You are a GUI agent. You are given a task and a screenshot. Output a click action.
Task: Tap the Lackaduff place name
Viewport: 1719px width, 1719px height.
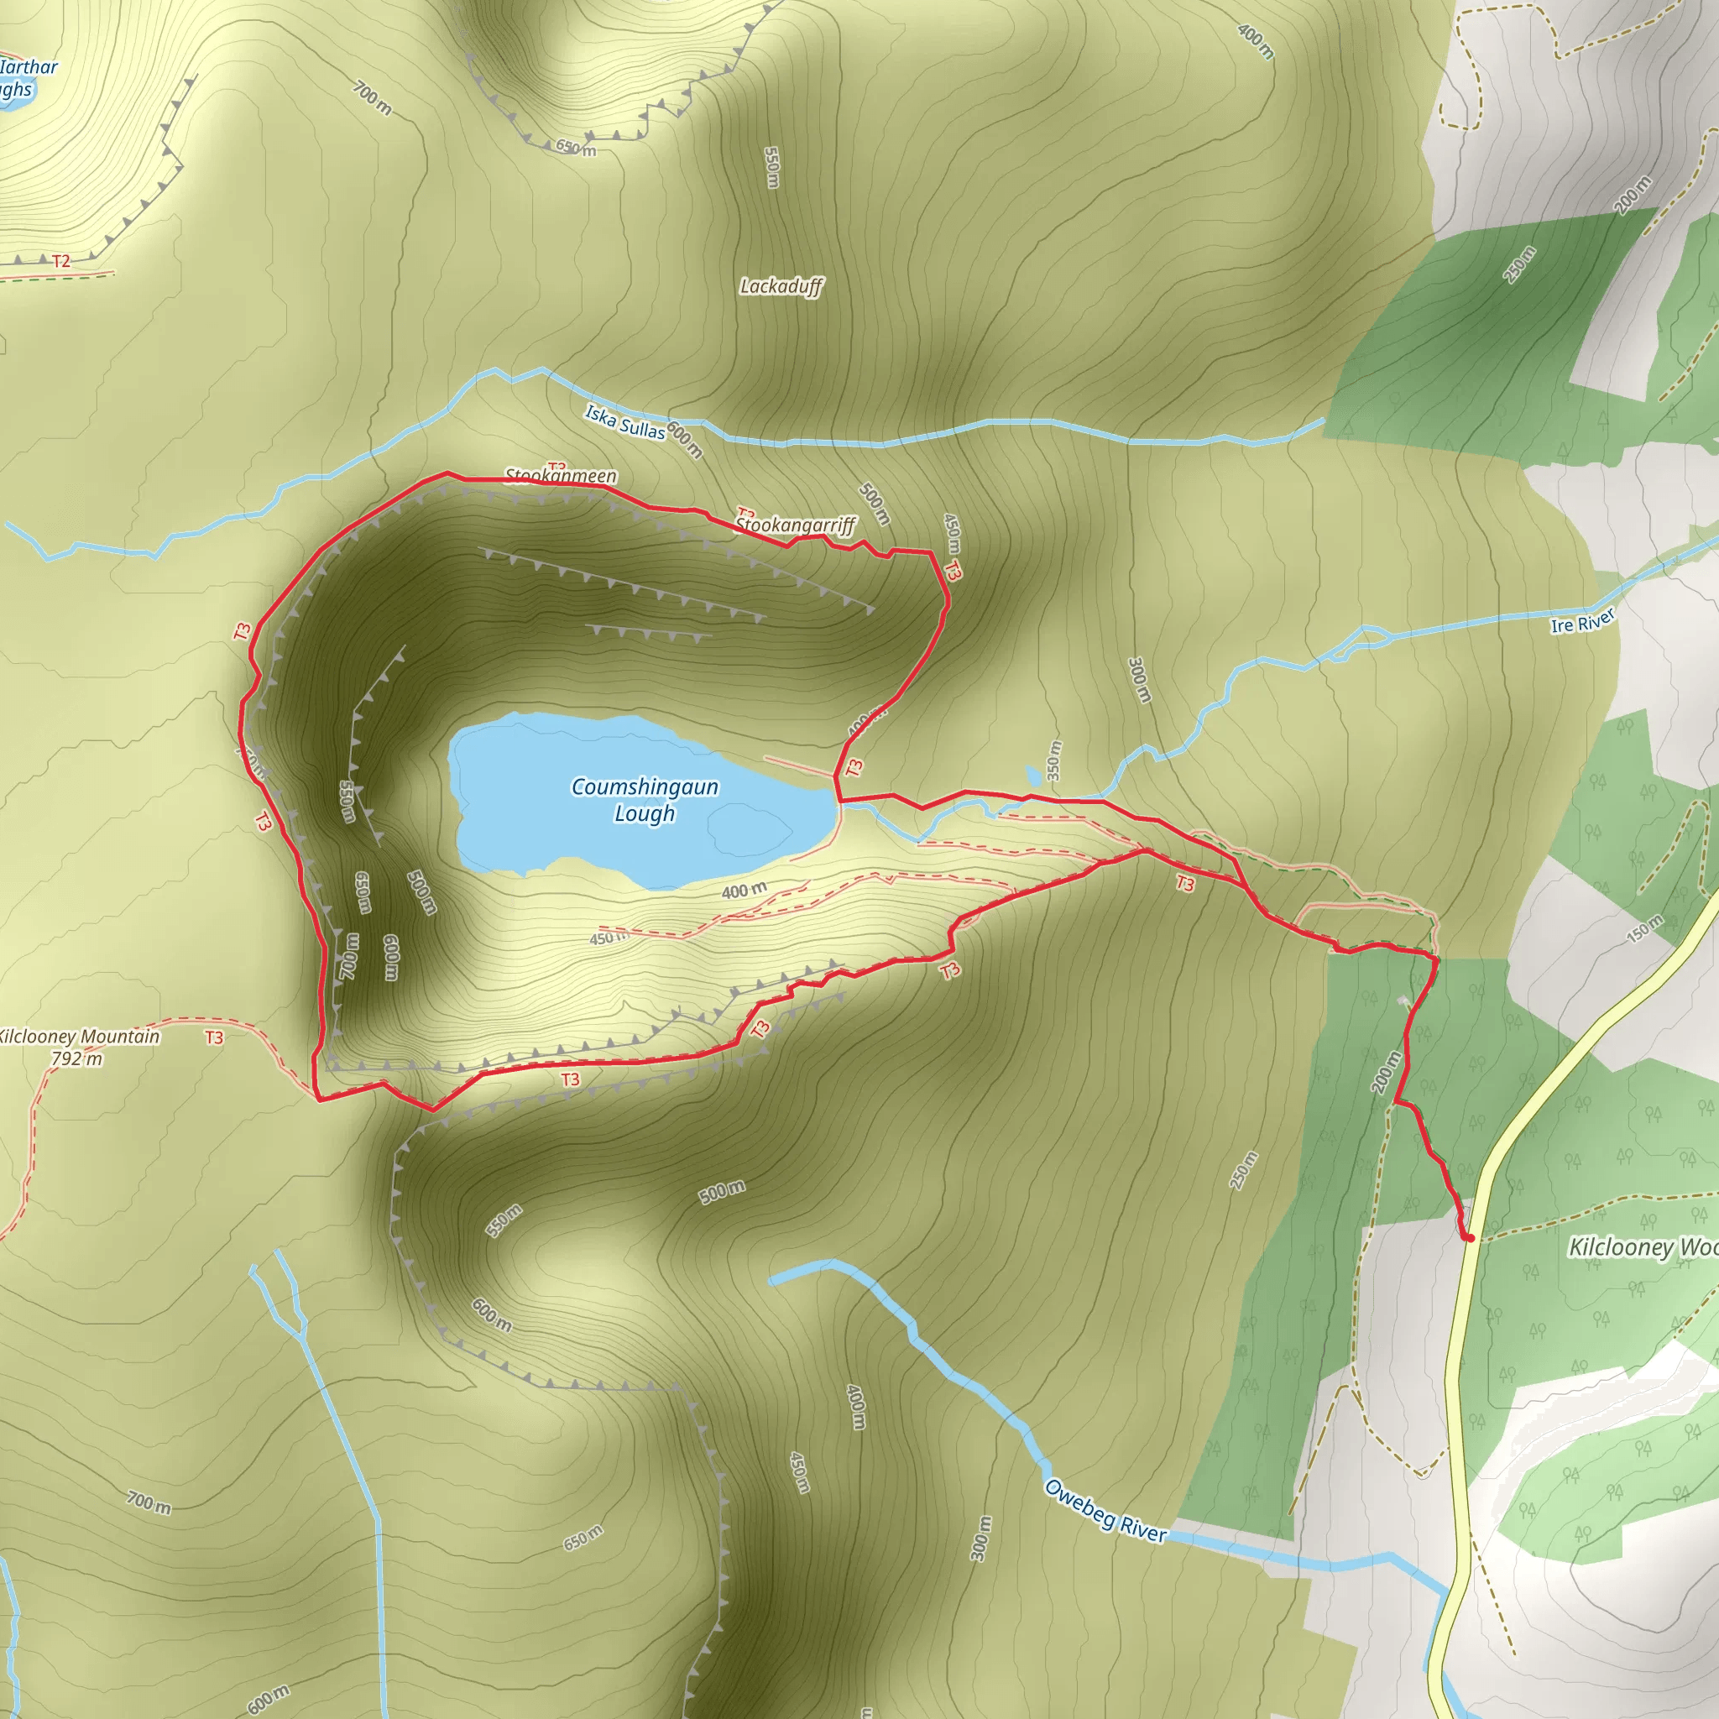pyautogui.click(x=781, y=286)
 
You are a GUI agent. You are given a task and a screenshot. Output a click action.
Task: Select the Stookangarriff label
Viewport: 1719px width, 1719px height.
pyautogui.click(x=796, y=525)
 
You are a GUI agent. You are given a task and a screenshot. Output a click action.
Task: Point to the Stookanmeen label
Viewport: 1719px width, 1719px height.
pyautogui.click(x=561, y=476)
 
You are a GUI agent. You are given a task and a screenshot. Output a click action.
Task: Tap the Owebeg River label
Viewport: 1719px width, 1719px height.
pyautogui.click(x=1105, y=1510)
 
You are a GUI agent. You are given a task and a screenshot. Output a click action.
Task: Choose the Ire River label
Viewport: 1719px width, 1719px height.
pyautogui.click(x=1582, y=622)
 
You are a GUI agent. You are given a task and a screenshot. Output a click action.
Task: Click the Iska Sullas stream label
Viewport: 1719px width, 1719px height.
pyautogui.click(x=624, y=421)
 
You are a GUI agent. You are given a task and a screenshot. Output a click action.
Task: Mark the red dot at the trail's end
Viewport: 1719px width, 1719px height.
pyautogui.click(x=1469, y=1238)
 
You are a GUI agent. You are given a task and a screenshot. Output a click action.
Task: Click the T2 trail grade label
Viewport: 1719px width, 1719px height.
pyautogui.click(x=60, y=262)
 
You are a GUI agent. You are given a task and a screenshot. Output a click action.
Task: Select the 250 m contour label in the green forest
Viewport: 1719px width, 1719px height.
pyautogui.click(x=1520, y=265)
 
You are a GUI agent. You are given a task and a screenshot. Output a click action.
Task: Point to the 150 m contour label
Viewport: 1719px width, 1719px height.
pyautogui.click(x=1644, y=928)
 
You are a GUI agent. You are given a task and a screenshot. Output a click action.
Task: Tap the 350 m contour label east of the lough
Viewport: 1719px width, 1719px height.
pyautogui.click(x=1053, y=760)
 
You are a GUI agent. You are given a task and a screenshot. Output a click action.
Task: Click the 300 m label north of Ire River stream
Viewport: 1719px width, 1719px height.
pyautogui.click(x=1139, y=680)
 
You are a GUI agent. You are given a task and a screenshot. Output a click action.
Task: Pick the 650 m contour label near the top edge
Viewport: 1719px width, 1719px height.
pyautogui.click(x=576, y=147)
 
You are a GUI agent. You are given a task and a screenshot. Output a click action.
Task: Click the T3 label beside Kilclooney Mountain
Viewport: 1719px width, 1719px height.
pyautogui.click(x=214, y=1037)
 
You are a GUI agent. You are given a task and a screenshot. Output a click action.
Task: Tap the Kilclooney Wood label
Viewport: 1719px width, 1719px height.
pyautogui.click(x=1642, y=1247)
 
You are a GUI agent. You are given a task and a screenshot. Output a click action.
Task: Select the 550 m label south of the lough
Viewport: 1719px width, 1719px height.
pyautogui.click(x=504, y=1220)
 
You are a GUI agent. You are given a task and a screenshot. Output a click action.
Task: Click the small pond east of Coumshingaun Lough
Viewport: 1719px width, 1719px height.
pyautogui.click(x=1032, y=774)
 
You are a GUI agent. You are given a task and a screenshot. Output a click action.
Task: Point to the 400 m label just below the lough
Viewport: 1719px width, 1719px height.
pyautogui.click(x=744, y=890)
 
